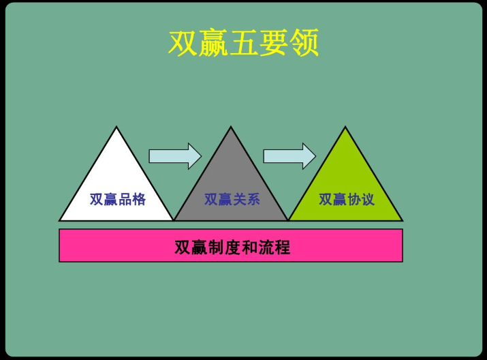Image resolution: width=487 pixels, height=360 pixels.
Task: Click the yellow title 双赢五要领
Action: tap(243, 44)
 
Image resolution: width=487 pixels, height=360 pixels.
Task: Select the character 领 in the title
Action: tap(304, 44)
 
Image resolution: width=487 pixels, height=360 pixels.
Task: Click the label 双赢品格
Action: tap(117, 200)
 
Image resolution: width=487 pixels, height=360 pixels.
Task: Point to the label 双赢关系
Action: tap(232, 200)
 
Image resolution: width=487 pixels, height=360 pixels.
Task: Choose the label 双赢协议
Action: tap(346, 200)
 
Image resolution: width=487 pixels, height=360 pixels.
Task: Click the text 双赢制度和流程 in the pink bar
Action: tap(232, 246)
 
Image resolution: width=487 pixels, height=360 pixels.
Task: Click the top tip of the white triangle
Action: tap(116, 128)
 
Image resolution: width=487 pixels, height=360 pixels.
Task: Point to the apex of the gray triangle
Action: tap(231, 128)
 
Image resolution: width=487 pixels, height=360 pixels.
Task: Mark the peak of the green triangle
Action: tap(345, 128)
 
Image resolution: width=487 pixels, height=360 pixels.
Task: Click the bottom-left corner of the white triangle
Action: tap(61, 220)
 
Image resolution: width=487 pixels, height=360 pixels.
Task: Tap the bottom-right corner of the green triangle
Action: tap(401, 220)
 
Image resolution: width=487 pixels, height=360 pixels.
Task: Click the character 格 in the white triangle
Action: tap(138, 200)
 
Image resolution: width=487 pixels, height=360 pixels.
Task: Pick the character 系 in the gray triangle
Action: tap(253, 200)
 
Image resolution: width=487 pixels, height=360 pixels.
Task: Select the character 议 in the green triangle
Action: tap(367, 200)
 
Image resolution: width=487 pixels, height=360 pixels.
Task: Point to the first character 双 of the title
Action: tap(183, 44)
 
